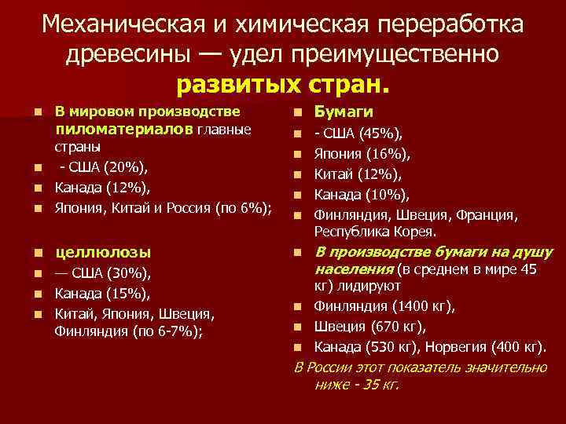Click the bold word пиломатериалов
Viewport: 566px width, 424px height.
tap(125, 129)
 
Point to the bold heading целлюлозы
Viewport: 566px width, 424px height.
tap(102, 253)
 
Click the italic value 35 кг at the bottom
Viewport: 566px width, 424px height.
tap(379, 386)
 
